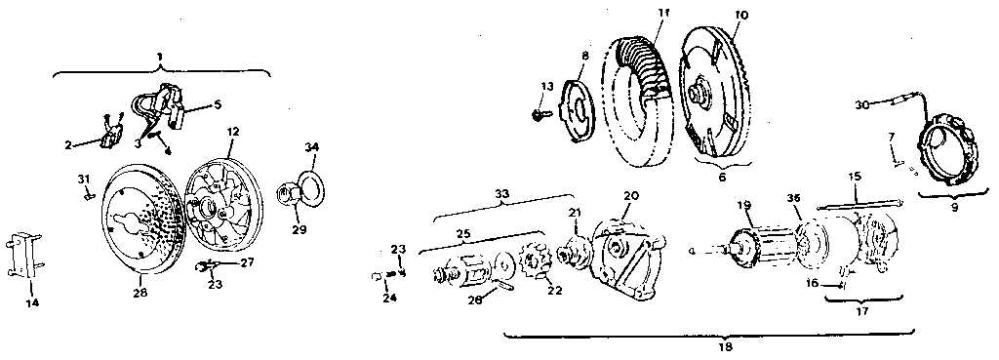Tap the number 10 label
tap(740, 17)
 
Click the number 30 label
tap(861, 103)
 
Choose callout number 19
tap(744, 206)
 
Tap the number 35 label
tap(795, 198)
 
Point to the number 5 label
tap(218, 102)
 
